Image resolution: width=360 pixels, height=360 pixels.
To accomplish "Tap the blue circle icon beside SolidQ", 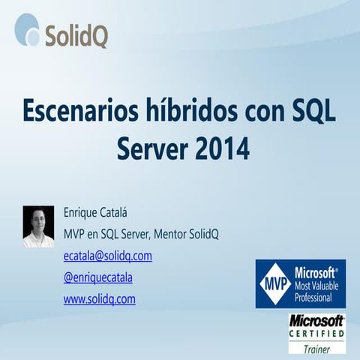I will click(28, 30).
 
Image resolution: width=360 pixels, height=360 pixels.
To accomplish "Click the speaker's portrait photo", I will click(38, 226).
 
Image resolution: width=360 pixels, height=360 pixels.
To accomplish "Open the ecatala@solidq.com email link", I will click(108, 256).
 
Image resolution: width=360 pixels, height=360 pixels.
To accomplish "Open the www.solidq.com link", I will click(99, 299).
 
